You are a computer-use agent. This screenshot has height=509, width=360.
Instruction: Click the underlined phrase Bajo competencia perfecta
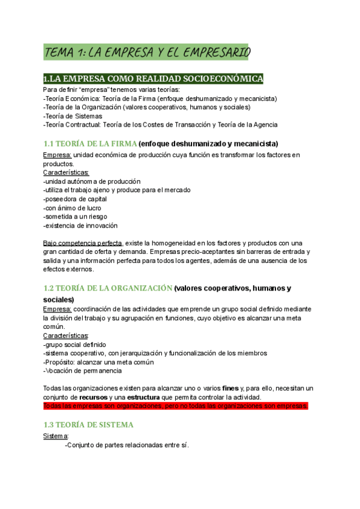click(82, 243)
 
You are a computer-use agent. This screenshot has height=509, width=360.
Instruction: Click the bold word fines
click(230, 388)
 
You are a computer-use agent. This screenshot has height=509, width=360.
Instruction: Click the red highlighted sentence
click(176, 406)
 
